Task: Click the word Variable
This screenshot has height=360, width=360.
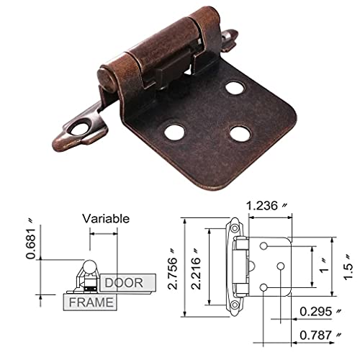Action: (x=105, y=217)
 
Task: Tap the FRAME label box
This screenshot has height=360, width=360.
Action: (x=91, y=302)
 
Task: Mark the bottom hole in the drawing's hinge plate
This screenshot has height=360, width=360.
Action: (x=266, y=287)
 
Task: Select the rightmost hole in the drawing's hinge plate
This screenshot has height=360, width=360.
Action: (x=279, y=267)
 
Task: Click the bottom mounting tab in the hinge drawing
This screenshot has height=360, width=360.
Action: (x=236, y=307)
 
